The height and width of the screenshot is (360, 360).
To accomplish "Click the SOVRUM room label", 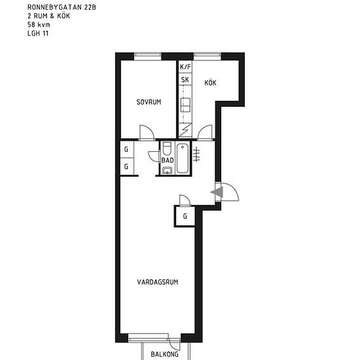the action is point(149,102).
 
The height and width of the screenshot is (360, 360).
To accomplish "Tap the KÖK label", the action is point(210,82).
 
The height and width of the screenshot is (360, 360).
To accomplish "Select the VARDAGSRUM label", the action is point(158,282).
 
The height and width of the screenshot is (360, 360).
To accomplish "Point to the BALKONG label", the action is point(164,354).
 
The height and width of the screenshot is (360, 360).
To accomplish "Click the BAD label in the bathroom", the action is point(168,160).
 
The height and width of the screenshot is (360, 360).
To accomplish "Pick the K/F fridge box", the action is point(185,67).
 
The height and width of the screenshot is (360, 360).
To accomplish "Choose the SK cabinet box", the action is point(185,79).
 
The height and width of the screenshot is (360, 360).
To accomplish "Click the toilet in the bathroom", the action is point(167,149).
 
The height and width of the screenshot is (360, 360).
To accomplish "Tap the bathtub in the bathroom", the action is point(183,158).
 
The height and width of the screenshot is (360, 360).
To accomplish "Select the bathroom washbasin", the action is point(167,171).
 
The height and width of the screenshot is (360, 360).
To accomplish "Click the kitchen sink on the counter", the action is point(185,105).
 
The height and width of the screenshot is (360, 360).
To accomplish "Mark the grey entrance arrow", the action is point(217,192).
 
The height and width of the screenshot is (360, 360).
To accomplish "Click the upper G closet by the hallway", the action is point(127,149).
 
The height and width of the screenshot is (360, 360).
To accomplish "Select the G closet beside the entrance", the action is point(185,216).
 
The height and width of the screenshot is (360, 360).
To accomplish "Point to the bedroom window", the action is point(148,56).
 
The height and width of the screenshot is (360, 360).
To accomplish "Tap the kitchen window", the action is point(207,56).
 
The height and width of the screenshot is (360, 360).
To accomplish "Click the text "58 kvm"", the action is point(39,25).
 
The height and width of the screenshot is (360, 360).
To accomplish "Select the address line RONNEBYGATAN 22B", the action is point(62,7).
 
